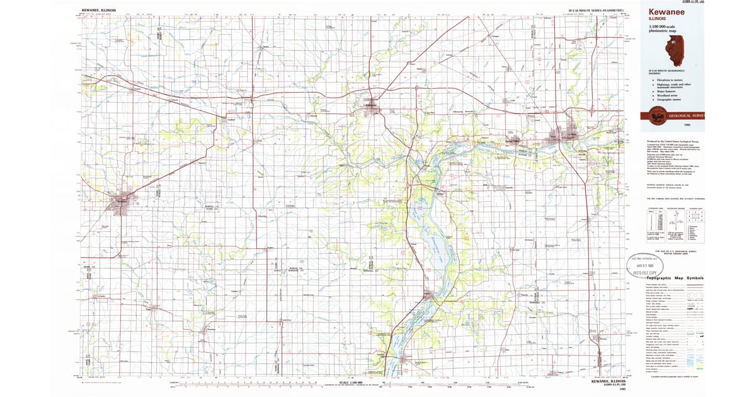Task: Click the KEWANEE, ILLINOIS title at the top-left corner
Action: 100,11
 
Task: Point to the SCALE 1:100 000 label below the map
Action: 353,382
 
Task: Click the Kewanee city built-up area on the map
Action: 120,202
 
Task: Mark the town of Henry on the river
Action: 430,294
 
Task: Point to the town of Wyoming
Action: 207,330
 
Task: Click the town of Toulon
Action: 149,309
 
